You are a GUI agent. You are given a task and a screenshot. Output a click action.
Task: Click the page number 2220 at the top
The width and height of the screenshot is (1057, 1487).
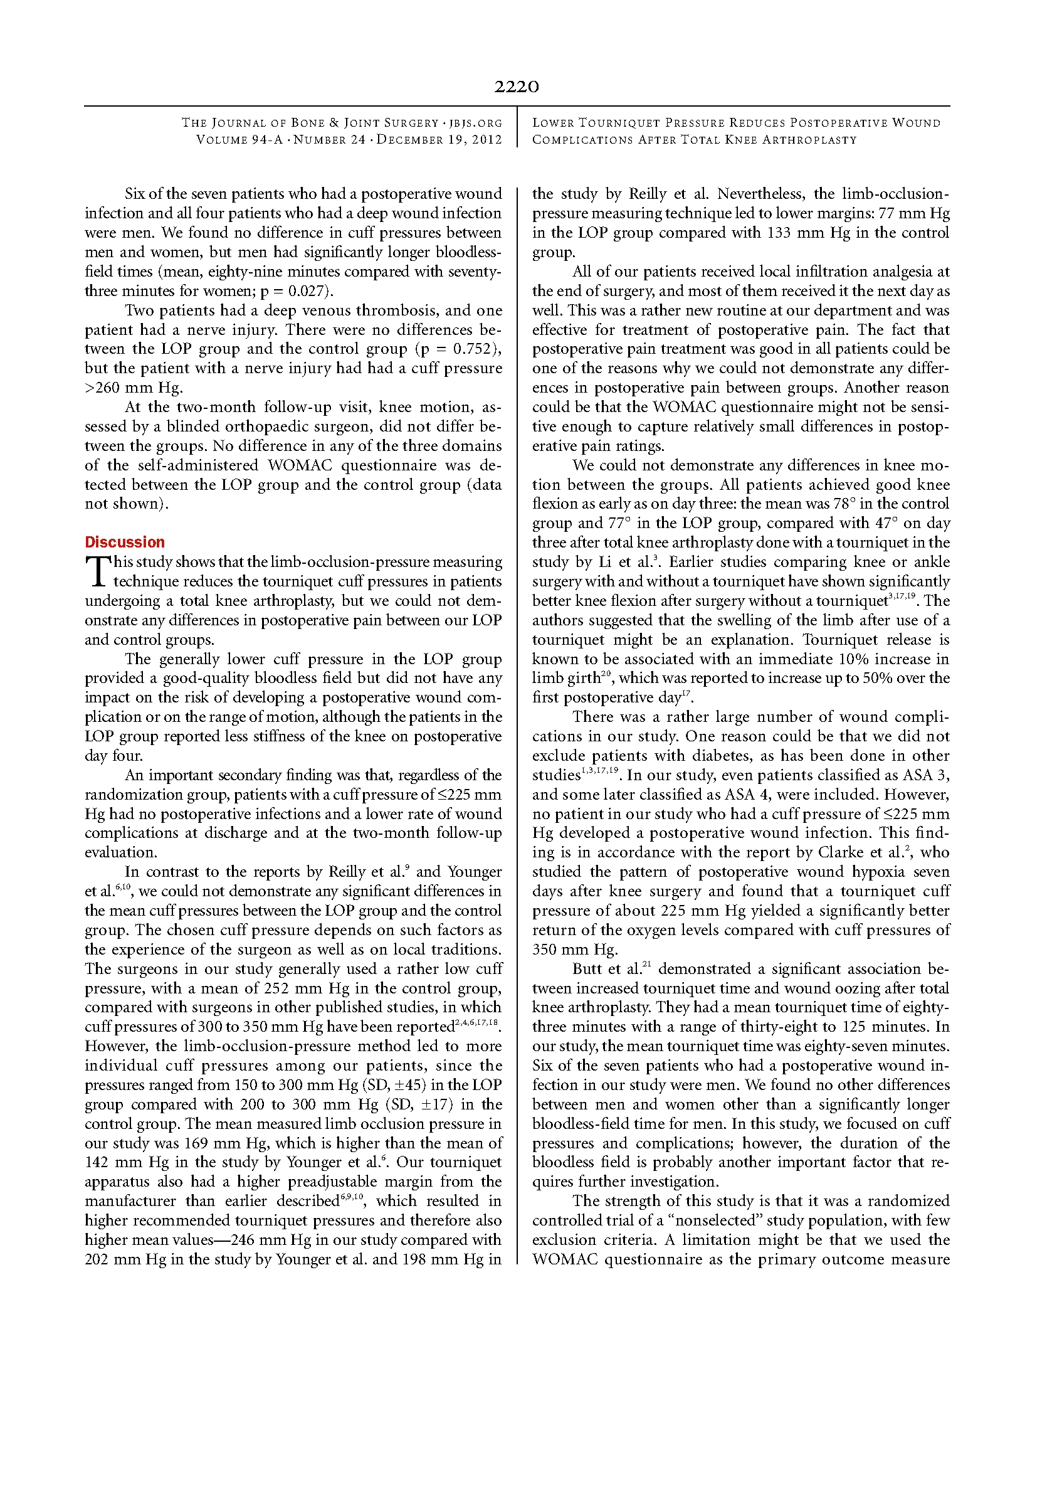click(x=516, y=87)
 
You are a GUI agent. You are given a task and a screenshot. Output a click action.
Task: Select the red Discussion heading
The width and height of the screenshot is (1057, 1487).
click(x=124, y=542)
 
